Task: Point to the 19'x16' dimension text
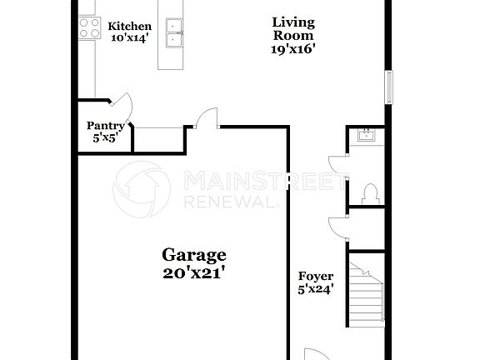point(293,49)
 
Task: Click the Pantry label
point(105,127)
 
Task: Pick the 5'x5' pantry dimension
point(105,138)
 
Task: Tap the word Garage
point(193,254)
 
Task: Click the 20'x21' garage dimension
point(193,271)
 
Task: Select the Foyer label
point(316,277)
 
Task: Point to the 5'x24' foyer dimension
point(316,289)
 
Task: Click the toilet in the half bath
point(370,193)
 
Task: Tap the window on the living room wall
point(387,87)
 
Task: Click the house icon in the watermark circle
point(142,190)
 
